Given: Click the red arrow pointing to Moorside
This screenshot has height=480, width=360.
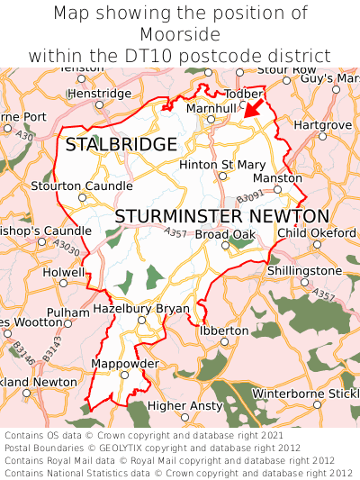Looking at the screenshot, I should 255,109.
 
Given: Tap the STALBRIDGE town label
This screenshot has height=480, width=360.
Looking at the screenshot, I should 121,145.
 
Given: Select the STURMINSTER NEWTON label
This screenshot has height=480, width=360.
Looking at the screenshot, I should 222,216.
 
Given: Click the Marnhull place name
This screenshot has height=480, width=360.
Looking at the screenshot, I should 210,107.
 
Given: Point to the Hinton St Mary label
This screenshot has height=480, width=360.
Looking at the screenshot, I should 222,165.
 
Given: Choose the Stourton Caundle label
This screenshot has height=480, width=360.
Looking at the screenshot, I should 82,186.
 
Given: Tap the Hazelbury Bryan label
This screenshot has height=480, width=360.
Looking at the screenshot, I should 141,308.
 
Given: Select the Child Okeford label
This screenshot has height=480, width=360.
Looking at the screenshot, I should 317,233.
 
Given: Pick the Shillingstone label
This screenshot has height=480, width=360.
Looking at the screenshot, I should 304,271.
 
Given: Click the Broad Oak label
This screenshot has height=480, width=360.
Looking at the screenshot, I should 225,235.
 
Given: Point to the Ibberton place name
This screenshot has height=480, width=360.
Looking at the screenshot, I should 222,331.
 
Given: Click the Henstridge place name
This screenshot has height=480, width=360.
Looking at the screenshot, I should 99,93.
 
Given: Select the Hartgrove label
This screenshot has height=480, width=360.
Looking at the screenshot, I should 322,123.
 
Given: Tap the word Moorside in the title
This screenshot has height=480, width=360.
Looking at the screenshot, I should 180,34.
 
